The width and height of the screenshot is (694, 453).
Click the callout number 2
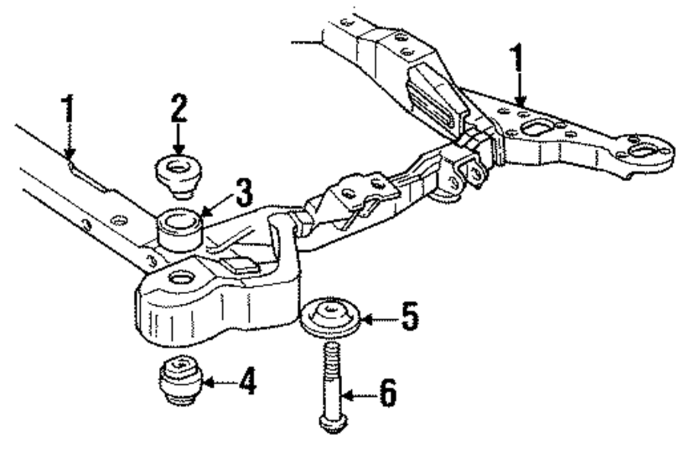point(178,108)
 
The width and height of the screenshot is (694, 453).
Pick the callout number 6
point(387,395)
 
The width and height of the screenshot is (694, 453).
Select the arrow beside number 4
point(215,382)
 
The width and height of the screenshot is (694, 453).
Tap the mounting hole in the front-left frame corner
point(182,278)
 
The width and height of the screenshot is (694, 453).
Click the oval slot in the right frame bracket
point(536,128)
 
